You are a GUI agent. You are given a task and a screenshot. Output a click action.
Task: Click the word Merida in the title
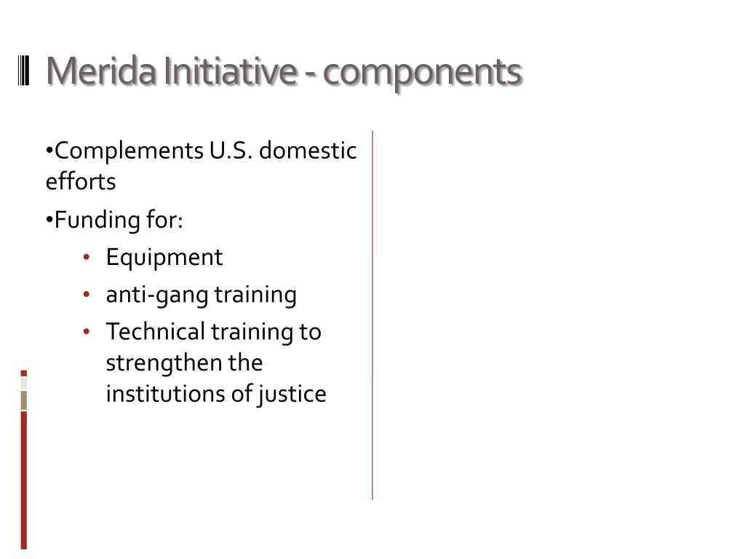click(103, 71)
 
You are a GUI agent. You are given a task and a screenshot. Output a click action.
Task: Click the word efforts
click(80, 181)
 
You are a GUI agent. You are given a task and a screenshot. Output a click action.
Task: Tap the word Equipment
click(164, 258)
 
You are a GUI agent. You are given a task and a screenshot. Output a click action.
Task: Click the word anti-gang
click(156, 295)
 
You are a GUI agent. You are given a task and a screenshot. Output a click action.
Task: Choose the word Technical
click(156, 332)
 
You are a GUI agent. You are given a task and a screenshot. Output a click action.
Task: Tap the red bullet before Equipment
click(86, 258)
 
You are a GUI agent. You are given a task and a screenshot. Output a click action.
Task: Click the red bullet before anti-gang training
click(86, 295)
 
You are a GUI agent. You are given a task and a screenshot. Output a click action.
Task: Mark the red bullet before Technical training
click(86, 332)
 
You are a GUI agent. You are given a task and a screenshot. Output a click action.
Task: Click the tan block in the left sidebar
click(24, 400)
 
